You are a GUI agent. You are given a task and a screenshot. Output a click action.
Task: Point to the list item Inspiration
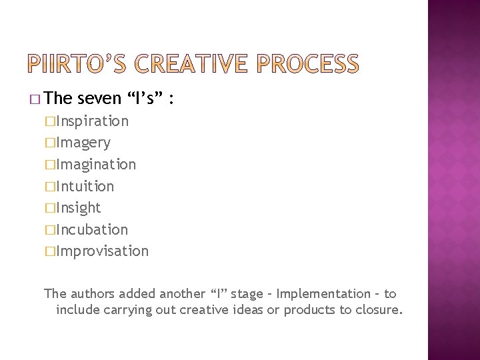(93, 121)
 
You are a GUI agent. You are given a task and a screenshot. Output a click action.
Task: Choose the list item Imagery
(83, 143)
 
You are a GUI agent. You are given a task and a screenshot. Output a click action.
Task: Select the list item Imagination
(96, 164)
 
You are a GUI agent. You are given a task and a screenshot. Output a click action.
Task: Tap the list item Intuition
(85, 186)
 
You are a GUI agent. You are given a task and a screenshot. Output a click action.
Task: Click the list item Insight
(79, 207)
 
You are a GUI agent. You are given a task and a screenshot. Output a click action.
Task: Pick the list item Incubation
(92, 229)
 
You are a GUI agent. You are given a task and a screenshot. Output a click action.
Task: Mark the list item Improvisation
(103, 251)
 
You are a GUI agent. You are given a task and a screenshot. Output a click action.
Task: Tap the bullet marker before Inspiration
(50, 121)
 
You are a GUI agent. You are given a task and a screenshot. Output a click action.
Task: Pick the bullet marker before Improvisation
(50, 251)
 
